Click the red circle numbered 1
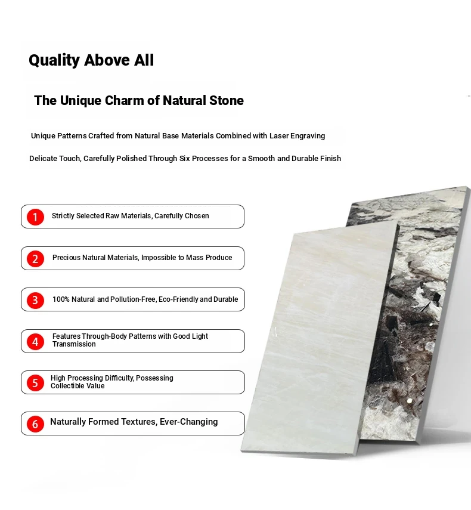coord(35,217)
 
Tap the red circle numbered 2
coord(35,258)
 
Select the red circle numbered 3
coord(35,300)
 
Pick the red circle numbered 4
coord(35,342)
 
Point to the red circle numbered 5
coord(35,383)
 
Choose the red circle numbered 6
coord(35,424)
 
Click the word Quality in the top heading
coord(54,60)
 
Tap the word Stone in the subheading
coord(226,100)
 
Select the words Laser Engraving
coord(297,136)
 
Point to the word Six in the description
coord(185,159)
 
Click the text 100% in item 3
coord(61,299)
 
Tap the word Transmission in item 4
coord(74,344)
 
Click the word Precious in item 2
coord(66,258)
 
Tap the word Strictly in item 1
coord(63,216)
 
